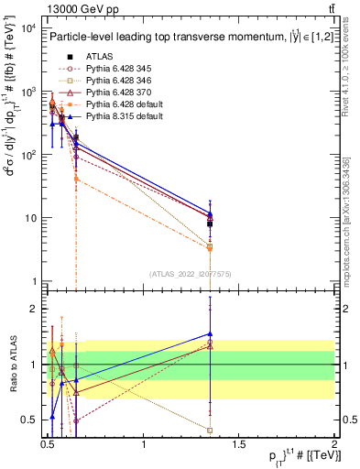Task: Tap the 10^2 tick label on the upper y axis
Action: (x=27, y=156)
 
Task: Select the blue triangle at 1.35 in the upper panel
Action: (x=211, y=213)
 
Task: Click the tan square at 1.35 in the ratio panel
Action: (x=211, y=430)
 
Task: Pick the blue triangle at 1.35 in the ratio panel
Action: (x=211, y=334)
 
